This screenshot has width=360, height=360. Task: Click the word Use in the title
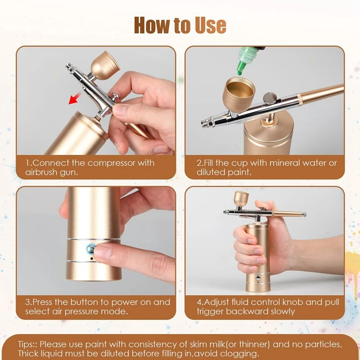coord(211,25)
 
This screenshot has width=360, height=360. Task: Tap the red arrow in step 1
coord(75,98)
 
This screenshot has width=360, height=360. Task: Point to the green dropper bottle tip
coord(240,73)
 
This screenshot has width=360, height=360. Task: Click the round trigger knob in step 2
coord(270,98)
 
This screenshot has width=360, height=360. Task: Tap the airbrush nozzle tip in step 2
coord(203,123)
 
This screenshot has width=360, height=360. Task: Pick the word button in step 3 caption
coord(85,302)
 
